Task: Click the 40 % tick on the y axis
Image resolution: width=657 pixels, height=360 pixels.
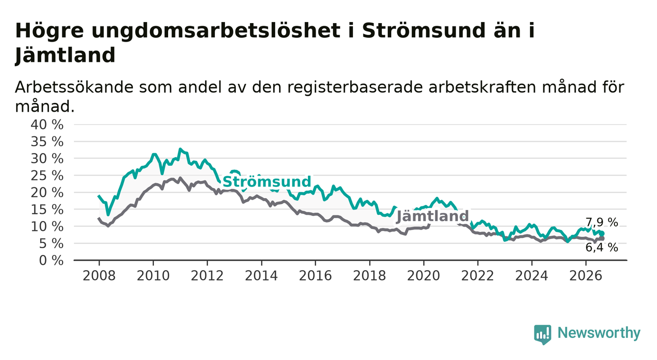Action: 47,125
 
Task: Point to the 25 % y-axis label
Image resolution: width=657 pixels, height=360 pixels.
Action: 47,176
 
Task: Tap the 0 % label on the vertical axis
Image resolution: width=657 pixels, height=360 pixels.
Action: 51,260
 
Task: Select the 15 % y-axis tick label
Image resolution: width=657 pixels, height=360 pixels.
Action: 47,209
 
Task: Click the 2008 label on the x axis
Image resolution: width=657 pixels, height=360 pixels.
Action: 99,276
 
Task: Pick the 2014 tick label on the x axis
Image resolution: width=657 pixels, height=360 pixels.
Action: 261,276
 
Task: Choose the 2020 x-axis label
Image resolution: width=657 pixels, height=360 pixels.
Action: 424,276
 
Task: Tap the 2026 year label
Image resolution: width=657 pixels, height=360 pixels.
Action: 586,276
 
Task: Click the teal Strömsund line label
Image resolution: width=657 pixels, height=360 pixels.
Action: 267,181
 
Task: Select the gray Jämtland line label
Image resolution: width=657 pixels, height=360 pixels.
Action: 432,216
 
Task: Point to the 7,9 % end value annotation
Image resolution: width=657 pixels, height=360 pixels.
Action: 602,223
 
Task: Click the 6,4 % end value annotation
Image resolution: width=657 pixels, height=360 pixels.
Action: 602,248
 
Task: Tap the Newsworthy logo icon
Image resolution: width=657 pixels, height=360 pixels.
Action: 543,334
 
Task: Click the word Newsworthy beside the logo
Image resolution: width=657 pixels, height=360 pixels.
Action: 599,333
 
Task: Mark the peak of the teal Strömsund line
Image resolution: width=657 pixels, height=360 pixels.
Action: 180,149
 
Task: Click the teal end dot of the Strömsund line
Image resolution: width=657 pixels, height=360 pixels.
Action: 602,233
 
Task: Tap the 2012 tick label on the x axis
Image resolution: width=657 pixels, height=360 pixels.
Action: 207,276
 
